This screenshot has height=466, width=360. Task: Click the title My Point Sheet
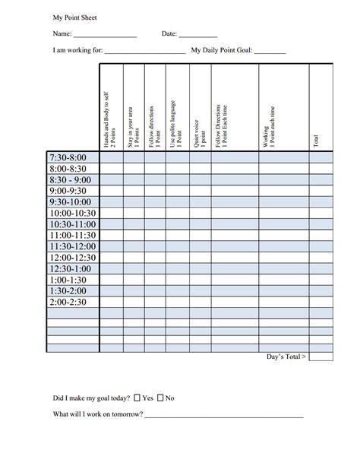click(74, 16)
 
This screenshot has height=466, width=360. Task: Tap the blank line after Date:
click(198, 35)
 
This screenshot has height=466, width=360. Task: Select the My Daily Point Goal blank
click(270, 52)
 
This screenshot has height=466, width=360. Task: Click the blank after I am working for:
click(144, 52)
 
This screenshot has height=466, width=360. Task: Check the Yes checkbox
click(137, 398)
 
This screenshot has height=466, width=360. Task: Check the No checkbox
click(161, 398)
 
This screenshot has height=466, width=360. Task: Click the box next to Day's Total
click(321, 357)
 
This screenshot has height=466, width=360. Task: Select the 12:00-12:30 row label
click(73, 258)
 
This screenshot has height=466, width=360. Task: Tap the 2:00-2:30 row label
click(68, 302)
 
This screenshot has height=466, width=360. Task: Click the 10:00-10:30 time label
click(73, 214)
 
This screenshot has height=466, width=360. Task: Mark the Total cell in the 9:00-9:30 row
click(321, 191)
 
